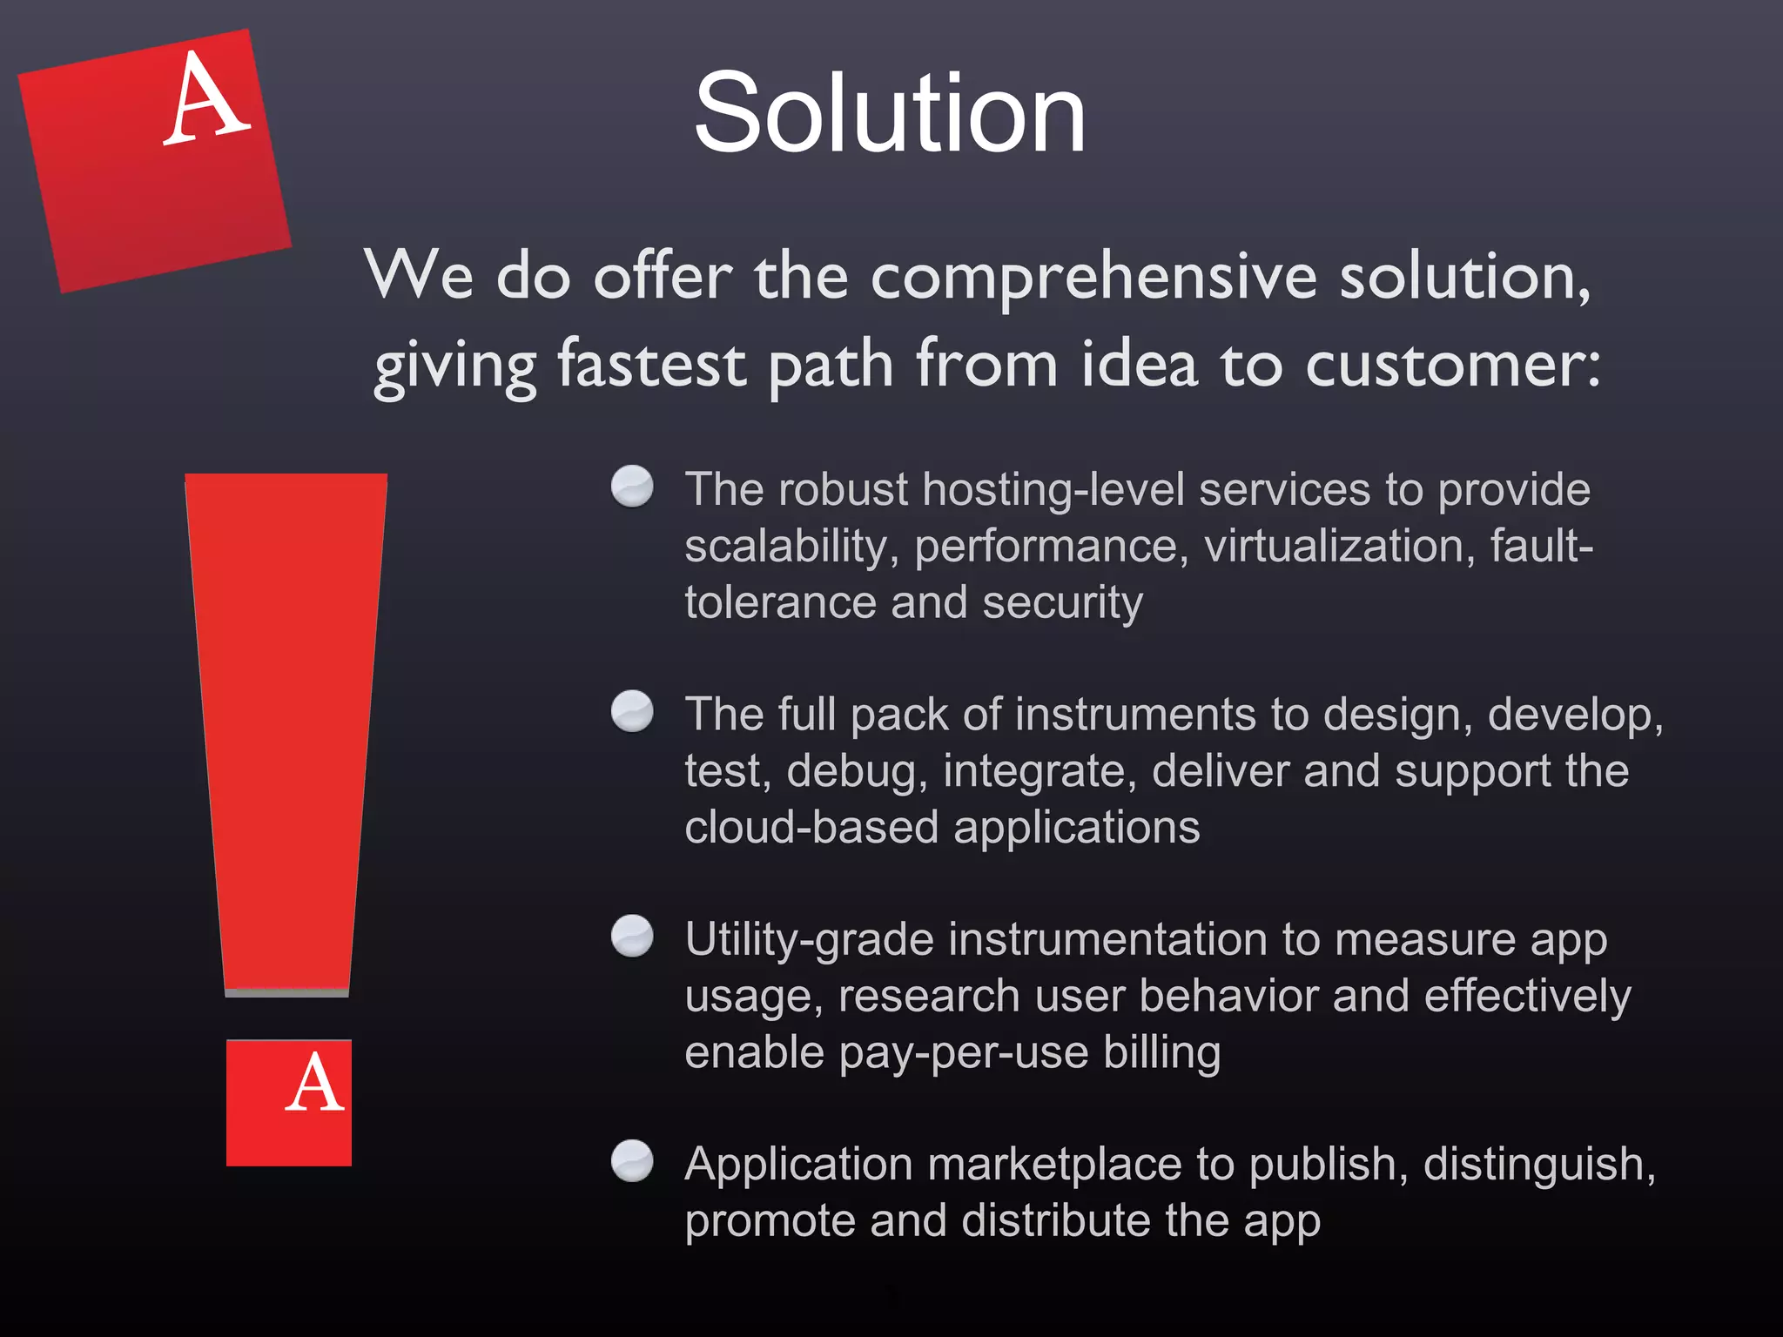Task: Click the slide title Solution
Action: click(890, 113)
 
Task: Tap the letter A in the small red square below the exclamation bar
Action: click(313, 1084)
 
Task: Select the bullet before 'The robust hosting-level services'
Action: click(632, 486)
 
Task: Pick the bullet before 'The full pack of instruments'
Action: click(632, 711)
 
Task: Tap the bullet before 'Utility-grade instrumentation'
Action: click(632, 936)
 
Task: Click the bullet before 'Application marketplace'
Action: click(632, 1160)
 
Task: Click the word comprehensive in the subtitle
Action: click(1093, 277)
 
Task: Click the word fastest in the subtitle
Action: click(651, 364)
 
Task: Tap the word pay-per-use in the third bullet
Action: click(964, 1053)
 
